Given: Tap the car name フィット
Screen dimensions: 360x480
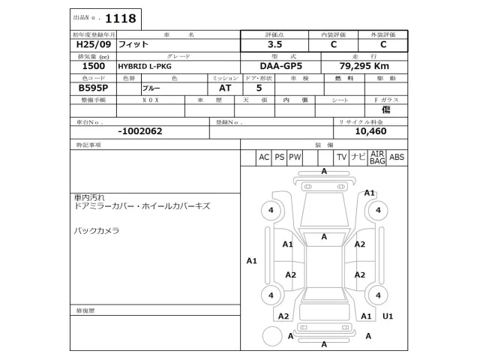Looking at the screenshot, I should tap(134, 45).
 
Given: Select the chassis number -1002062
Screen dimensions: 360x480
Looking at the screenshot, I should tap(140, 130).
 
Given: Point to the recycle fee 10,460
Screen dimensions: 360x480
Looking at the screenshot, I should tap(370, 130).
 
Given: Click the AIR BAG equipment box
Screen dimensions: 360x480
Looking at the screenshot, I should tap(376, 157).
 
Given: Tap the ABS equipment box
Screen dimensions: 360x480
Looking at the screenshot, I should tap(397, 157).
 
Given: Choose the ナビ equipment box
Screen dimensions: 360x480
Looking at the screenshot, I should tap(358, 157).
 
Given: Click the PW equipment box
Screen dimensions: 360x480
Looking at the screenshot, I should tap(295, 157).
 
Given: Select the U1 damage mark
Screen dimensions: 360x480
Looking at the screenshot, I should tap(387, 316).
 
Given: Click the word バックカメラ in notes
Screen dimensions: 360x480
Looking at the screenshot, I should tap(96, 230).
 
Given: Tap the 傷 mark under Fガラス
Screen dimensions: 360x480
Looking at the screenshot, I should tap(385, 109).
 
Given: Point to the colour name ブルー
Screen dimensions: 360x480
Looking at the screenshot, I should tap(151, 88).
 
